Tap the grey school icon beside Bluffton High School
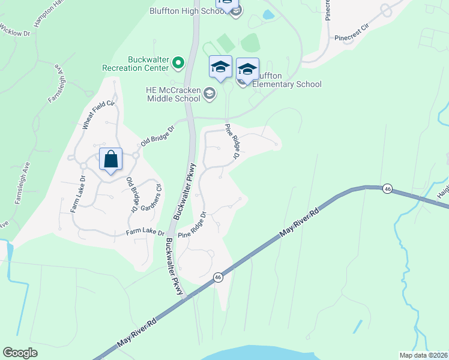click(x=237, y=11)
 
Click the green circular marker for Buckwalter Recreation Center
click(x=178, y=62)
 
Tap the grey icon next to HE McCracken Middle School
click(x=209, y=92)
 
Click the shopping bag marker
click(x=111, y=160)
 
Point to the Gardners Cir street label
click(x=151, y=199)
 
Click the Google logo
click(x=20, y=353)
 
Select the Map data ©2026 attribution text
click(x=424, y=355)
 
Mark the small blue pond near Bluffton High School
click(x=268, y=14)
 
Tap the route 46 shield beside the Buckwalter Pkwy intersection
click(x=218, y=277)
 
